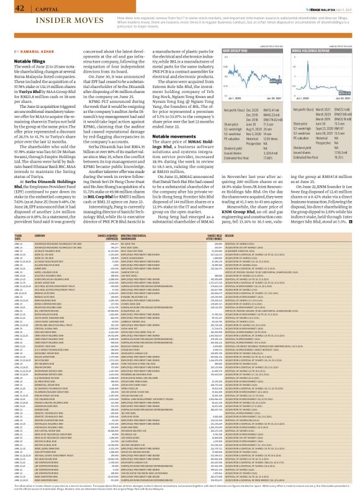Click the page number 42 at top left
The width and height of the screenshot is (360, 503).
pos(11,8)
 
